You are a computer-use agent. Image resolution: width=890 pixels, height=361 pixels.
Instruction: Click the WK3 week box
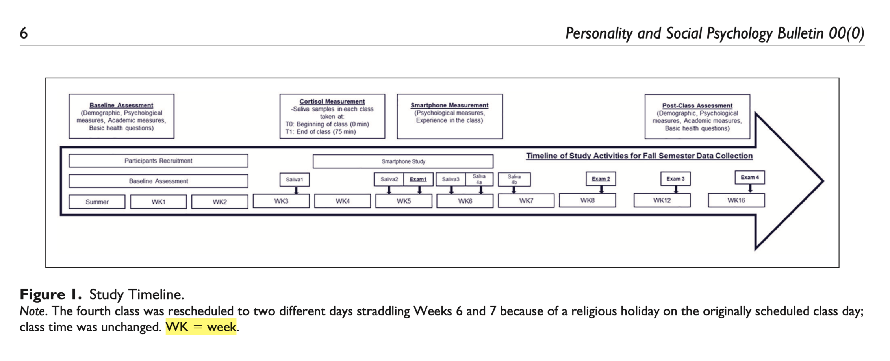click(x=281, y=201)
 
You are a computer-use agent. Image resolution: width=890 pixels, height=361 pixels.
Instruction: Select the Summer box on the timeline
click(x=97, y=202)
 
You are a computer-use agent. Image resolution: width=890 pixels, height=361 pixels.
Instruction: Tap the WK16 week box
click(x=736, y=200)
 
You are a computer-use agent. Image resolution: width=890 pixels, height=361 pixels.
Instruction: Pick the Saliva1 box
click(x=295, y=180)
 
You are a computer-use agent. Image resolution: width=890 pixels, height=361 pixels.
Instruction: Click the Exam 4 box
click(x=749, y=177)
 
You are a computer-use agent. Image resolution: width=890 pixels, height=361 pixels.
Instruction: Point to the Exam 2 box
click(x=601, y=179)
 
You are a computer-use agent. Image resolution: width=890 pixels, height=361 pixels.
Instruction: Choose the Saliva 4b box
click(x=514, y=180)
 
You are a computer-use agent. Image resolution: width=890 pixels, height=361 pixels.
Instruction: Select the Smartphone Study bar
click(x=403, y=161)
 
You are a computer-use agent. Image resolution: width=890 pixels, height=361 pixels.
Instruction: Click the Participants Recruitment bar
click(x=158, y=161)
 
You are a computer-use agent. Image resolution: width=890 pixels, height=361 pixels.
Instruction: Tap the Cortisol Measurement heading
click(x=332, y=102)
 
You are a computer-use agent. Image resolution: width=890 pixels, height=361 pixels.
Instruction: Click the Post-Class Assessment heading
click(x=697, y=106)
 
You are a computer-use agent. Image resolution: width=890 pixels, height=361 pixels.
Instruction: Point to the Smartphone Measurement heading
click(x=449, y=105)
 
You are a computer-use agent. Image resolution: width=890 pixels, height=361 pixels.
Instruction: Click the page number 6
click(x=24, y=33)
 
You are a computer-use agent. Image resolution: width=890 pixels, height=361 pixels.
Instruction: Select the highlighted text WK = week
click(x=201, y=327)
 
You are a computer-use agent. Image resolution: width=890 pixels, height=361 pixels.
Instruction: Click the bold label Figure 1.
click(x=50, y=294)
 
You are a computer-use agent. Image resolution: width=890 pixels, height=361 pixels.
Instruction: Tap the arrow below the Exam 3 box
click(x=676, y=189)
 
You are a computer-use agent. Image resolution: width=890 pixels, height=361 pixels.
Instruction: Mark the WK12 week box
click(x=662, y=200)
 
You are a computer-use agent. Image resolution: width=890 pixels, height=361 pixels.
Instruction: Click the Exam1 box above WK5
click(x=418, y=179)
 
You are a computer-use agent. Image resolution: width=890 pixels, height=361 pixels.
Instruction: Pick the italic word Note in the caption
click(x=33, y=311)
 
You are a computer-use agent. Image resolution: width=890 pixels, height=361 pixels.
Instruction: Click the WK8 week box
click(x=587, y=200)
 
